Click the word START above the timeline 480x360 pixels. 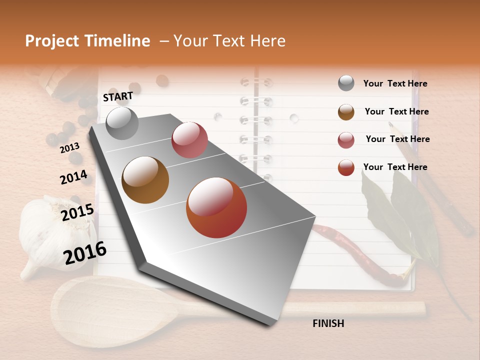tap(118, 96)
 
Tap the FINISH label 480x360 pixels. tap(328, 323)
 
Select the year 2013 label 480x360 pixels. tap(69, 148)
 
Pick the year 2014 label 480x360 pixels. tap(73, 177)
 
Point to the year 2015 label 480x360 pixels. tap(77, 212)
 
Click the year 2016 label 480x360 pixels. tap(85, 252)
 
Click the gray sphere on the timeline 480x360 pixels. tap(122, 123)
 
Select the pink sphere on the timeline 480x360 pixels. tap(189, 140)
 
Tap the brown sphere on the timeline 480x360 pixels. tap(145, 180)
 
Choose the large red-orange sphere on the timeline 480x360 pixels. tap(216, 207)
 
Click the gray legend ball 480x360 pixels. tap(346, 83)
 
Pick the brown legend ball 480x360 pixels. tap(346, 112)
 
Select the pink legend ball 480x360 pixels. tap(346, 140)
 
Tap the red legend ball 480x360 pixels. tap(346, 167)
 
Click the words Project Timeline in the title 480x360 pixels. tap(87, 41)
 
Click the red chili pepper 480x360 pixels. tap(350, 250)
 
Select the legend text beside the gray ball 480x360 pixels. tap(395, 83)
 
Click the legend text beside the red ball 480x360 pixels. tap(395, 167)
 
